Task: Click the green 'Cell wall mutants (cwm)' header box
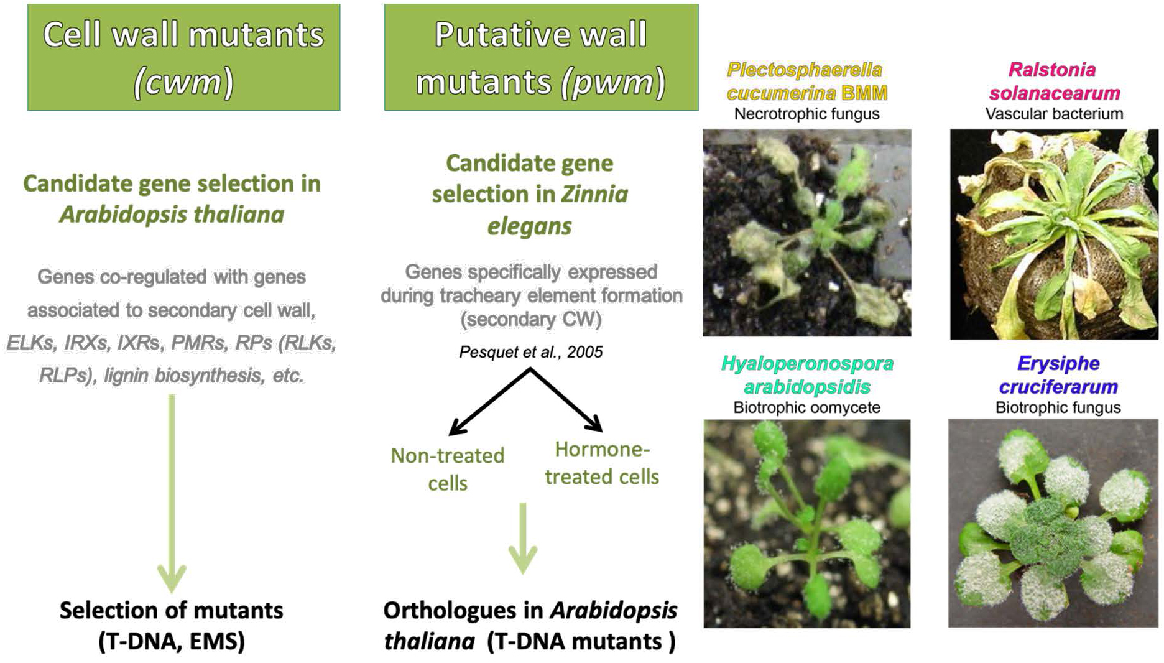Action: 184,57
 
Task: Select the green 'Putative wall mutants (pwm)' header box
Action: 541,57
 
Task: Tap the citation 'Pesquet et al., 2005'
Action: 531,352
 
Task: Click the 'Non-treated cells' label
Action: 448,470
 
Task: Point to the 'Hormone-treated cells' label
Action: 602,463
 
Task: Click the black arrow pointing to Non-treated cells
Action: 490,401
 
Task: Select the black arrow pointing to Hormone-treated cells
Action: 566,400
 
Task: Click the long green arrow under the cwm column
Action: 172,493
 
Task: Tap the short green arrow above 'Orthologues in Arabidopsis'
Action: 523,538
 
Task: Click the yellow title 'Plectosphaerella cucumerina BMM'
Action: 807,81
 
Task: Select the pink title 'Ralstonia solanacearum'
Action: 1055,81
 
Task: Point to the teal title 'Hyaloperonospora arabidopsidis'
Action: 807,375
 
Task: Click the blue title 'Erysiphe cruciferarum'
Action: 1058,375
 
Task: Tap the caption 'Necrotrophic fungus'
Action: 807,114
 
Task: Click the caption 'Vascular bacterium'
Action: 1055,114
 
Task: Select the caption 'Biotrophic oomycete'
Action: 807,407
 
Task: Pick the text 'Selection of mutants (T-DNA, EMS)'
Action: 172,626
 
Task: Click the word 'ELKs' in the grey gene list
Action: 30,343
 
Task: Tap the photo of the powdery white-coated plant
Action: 1053,523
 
